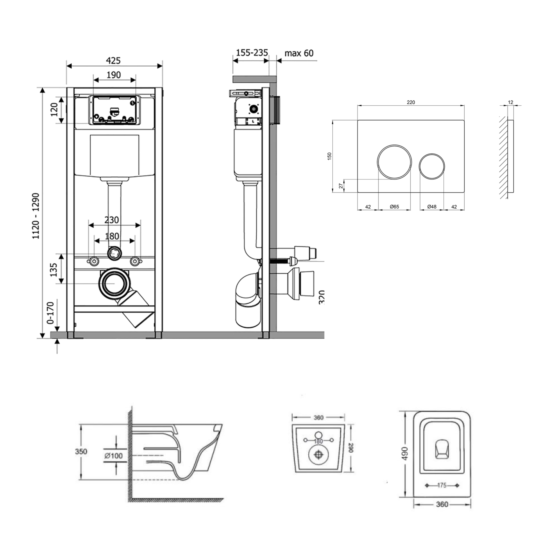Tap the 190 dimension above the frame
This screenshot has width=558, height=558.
coord(114,75)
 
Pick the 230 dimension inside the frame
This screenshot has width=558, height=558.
coord(111,220)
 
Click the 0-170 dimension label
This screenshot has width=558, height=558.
coord(50,313)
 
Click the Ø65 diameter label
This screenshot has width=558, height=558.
coord(394,207)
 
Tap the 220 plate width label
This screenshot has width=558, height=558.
coord(411,102)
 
